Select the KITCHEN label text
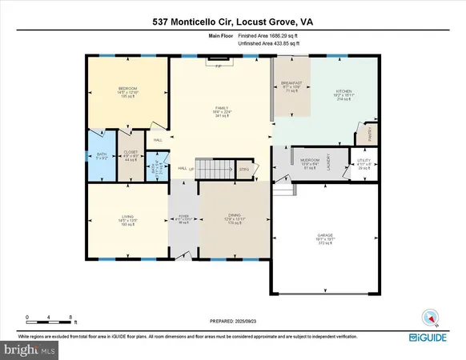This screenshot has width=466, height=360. pos(343,92)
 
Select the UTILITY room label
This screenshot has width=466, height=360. pos(364,161)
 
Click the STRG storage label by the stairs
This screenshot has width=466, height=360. pos(244,170)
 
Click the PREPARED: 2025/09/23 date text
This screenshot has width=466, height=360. pos(233,322)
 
